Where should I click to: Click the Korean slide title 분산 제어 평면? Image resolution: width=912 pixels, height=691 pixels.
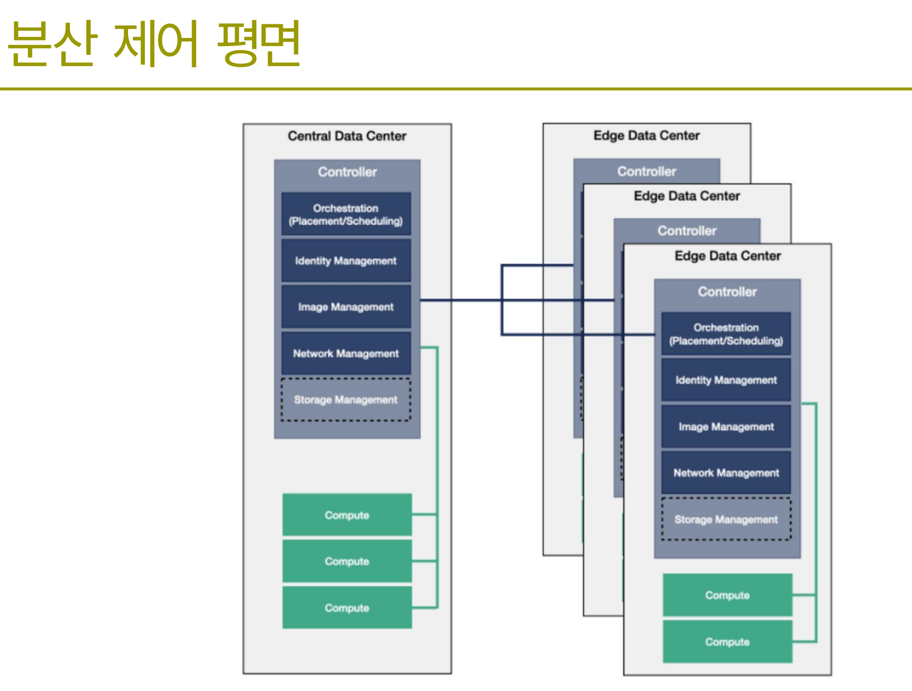tap(155, 43)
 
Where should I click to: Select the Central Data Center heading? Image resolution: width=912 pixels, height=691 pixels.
tap(347, 136)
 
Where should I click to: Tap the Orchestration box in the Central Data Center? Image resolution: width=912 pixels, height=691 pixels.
tap(346, 214)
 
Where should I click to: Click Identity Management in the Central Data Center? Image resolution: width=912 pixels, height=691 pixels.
tap(346, 261)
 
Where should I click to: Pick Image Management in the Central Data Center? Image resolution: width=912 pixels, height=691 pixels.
tap(346, 306)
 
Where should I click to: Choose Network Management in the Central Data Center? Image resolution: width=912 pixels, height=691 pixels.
tap(346, 353)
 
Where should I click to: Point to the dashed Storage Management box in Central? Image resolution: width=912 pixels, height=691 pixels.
tap(346, 400)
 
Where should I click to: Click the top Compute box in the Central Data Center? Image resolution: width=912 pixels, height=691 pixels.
tap(347, 515)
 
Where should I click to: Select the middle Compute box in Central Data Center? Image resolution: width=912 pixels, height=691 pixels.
tap(347, 561)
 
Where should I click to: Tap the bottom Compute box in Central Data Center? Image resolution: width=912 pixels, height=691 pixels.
tap(347, 607)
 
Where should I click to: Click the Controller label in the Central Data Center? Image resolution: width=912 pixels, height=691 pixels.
tap(347, 172)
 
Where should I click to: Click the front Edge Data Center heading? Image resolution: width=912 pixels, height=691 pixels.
tap(727, 256)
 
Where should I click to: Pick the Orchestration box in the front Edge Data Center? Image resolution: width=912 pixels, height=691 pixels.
tap(726, 334)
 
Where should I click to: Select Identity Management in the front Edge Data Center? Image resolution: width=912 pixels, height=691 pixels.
tap(726, 380)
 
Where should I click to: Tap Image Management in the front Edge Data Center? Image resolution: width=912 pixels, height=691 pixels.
tap(726, 427)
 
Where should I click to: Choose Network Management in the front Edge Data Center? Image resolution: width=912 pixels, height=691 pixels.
tap(726, 473)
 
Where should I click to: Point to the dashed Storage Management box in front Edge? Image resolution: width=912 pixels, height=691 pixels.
tap(726, 519)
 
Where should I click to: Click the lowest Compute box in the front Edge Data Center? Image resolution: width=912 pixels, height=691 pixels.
tap(727, 642)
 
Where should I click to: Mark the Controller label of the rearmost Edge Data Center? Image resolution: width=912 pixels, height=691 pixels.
tap(647, 171)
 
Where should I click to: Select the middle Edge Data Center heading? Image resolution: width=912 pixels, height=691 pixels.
tap(687, 196)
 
